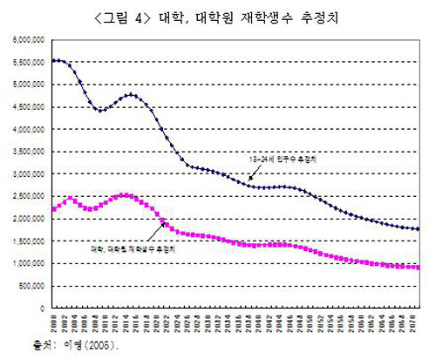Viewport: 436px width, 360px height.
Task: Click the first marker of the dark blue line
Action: tap(53, 60)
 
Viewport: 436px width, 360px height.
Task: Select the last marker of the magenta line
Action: tap(418, 268)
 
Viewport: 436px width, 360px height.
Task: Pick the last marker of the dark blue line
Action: tap(418, 229)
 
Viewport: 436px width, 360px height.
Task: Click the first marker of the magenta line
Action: tap(53, 209)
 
